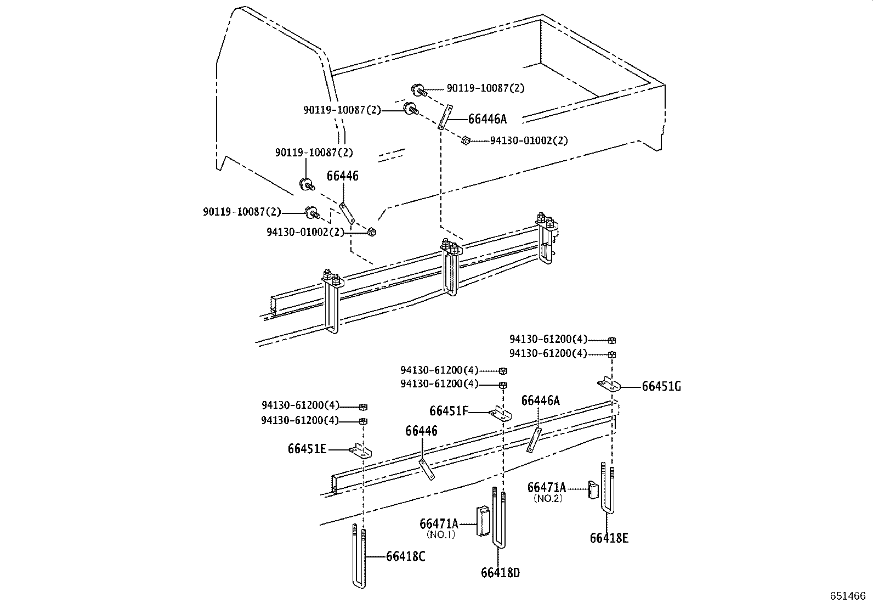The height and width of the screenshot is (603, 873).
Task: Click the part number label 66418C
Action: [x=405, y=556]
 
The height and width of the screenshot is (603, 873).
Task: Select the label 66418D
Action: [x=500, y=573]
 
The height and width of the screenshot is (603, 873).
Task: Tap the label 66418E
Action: [x=609, y=538]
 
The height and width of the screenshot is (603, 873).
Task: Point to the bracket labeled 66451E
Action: [x=360, y=451]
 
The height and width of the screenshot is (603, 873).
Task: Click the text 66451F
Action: [x=448, y=411]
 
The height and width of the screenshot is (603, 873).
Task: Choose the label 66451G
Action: [x=661, y=386]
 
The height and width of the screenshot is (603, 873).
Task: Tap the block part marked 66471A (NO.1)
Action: [x=483, y=520]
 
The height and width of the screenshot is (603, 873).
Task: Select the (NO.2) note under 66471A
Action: [x=547, y=498]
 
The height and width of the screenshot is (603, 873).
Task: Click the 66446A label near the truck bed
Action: [x=487, y=119]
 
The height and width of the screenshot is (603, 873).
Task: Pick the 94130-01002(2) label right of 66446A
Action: [x=529, y=140]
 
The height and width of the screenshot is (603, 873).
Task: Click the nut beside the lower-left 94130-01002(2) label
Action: [x=371, y=232]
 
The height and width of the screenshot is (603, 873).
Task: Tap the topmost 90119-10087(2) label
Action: [x=485, y=88]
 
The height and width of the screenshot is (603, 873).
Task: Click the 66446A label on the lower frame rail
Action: [x=540, y=401]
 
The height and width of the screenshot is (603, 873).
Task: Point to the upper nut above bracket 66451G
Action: [x=612, y=340]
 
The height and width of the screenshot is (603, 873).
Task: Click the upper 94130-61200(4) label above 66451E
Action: [x=301, y=406]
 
